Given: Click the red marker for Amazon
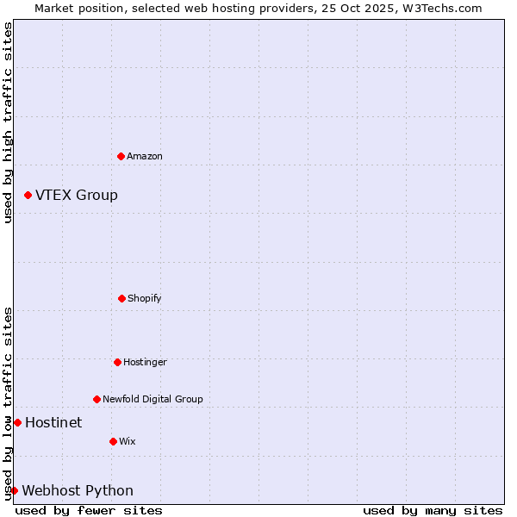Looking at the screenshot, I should tap(121, 156).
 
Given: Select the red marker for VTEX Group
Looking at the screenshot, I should tap(28, 196).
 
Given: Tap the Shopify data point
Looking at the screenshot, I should tap(121, 298).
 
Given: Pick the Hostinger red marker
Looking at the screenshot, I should tap(117, 362).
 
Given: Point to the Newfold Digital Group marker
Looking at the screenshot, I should tap(97, 399).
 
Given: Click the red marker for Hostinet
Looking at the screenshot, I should tap(17, 422).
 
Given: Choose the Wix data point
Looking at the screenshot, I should tap(113, 441).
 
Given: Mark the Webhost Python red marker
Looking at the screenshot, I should tap(14, 490).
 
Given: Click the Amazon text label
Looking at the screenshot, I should tap(145, 156).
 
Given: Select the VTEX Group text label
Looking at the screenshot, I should tap(77, 196).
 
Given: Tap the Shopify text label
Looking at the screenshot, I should tap(145, 298).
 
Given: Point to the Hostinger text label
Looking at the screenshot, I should tap(145, 362).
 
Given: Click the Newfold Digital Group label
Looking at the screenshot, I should tap(153, 399).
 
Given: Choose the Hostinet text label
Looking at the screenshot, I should tap(53, 422).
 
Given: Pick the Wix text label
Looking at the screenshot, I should tap(128, 441).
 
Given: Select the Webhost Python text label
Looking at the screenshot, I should tap(78, 490).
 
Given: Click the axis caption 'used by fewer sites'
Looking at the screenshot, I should tap(89, 510).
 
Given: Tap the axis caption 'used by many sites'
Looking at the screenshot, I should tap(433, 510).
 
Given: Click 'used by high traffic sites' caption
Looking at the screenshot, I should tap(8, 122).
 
